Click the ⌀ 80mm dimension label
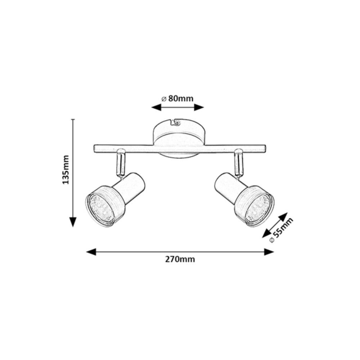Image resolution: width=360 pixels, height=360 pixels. (x=177, y=99)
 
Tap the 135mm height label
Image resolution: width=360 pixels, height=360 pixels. (x=66, y=170)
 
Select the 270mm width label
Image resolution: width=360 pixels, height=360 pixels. (x=180, y=259)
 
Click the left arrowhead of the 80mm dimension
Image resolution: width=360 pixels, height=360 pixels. (x=156, y=107)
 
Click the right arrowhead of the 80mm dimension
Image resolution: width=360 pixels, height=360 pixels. (x=199, y=107)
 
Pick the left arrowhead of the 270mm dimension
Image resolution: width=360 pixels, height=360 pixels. (x=91, y=252)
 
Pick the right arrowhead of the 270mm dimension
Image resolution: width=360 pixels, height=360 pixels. (x=269, y=252)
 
